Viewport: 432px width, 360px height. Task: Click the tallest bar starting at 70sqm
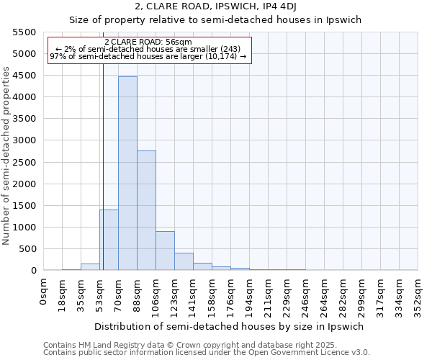coord(127,173)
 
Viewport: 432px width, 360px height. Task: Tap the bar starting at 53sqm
coord(109,240)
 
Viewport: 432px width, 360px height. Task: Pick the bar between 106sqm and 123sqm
coord(165,251)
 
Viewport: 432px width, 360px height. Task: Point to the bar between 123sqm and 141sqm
coord(184,261)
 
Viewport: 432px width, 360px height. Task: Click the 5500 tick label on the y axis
coord(24,32)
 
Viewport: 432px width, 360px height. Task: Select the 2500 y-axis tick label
coord(24,162)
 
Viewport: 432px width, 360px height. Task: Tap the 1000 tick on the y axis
coord(24,228)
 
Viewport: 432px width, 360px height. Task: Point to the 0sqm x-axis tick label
coord(45,288)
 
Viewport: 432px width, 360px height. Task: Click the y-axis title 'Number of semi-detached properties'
coord(7,156)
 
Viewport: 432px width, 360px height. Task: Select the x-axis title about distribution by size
coord(238,326)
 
